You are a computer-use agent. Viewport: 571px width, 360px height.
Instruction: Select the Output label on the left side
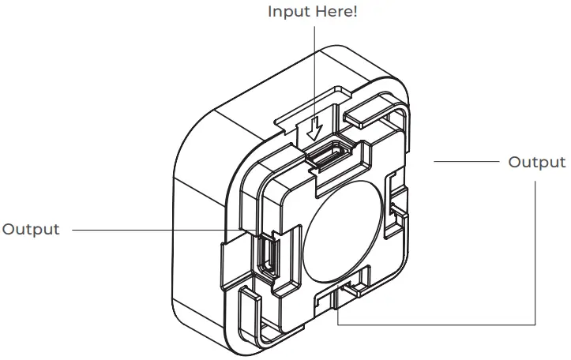pyautogui.click(x=31, y=230)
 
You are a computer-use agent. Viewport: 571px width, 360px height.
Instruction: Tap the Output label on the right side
pyautogui.click(x=536, y=162)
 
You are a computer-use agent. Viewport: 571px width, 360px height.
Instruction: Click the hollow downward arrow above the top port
pyautogui.click(x=315, y=126)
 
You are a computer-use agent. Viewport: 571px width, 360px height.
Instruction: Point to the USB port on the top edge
pyautogui.click(x=326, y=156)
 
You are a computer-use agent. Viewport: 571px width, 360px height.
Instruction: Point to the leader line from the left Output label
pyautogui.click(x=158, y=230)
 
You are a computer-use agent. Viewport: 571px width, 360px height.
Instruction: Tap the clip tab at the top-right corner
pyautogui.click(x=378, y=111)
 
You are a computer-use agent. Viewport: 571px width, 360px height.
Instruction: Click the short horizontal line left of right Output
pyautogui.click(x=466, y=162)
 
